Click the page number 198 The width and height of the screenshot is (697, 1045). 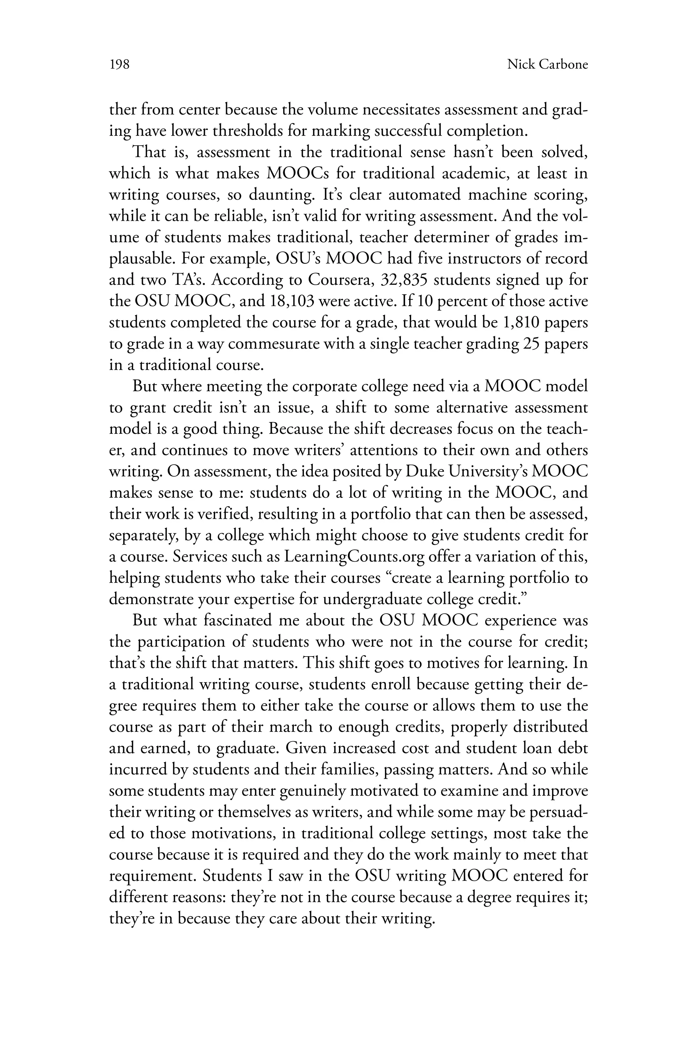click(x=119, y=65)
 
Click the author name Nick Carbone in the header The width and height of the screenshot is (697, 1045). click(x=547, y=65)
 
